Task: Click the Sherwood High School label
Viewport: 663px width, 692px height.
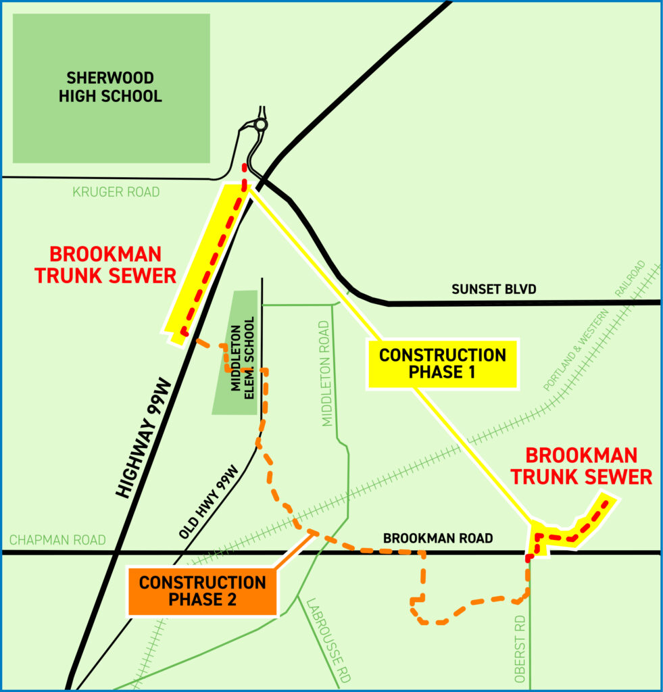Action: point(110,86)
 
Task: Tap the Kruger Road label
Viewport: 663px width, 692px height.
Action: point(116,193)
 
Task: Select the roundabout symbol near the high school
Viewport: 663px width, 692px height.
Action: point(261,125)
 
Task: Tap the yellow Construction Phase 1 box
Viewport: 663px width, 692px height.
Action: point(442,364)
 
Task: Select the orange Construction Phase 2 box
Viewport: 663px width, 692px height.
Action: point(202,591)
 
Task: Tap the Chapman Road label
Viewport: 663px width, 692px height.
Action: point(57,540)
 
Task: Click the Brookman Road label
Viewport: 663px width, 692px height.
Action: point(438,539)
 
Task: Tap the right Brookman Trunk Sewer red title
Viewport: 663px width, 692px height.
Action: point(581,466)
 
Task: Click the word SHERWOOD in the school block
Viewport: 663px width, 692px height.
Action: point(110,78)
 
